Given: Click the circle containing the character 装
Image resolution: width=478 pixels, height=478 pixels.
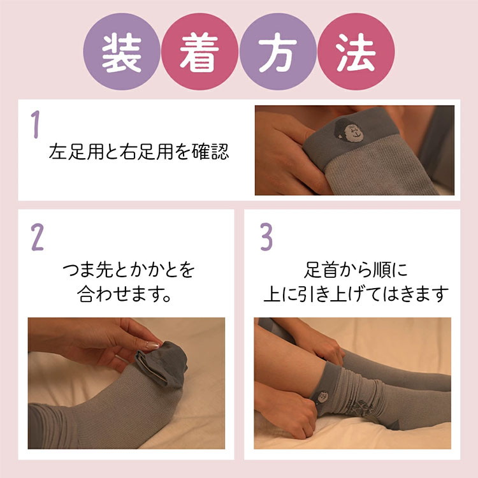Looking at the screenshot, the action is click(122, 52).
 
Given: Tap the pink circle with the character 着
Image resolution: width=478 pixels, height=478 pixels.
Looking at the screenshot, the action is click(199, 52).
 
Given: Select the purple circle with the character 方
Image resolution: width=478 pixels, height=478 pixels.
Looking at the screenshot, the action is click(278, 52).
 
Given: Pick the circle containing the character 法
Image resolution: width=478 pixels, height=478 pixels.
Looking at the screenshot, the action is click(356, 52).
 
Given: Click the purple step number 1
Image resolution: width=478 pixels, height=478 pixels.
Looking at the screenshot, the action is click(36, 124).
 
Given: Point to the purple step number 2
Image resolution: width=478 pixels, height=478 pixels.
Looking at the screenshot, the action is click(37, 238).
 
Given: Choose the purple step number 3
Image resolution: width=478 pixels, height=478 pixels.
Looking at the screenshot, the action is click(266, 237).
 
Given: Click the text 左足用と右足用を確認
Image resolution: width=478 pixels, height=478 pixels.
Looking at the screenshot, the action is click(139, 152).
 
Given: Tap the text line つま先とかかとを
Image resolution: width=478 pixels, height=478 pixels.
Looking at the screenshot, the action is click(128, 270).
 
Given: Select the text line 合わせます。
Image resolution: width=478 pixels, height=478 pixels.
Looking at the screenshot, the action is click(124, 294).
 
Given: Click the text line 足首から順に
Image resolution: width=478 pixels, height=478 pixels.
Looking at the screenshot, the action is click(356, 270).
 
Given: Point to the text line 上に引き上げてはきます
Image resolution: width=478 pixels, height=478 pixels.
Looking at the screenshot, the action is click(356, 294).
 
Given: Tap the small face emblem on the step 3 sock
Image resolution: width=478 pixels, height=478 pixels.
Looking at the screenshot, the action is click(322, 397).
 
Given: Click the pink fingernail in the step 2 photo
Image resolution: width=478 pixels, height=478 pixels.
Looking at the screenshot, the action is click(152, 345).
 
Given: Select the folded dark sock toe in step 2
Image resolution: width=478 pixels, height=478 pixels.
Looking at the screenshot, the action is click(162, 364).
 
